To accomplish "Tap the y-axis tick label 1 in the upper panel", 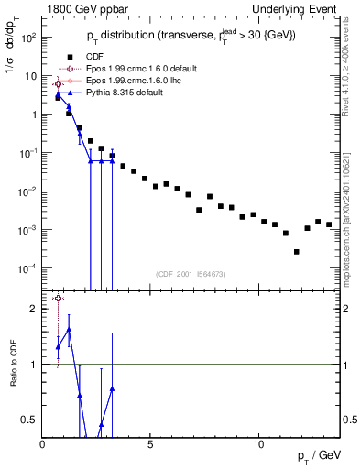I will pos(34,115).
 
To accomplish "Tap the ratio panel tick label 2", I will pos(34,309).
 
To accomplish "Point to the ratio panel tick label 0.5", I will pos(30,420).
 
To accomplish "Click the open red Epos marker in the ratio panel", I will pos(58,298).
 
